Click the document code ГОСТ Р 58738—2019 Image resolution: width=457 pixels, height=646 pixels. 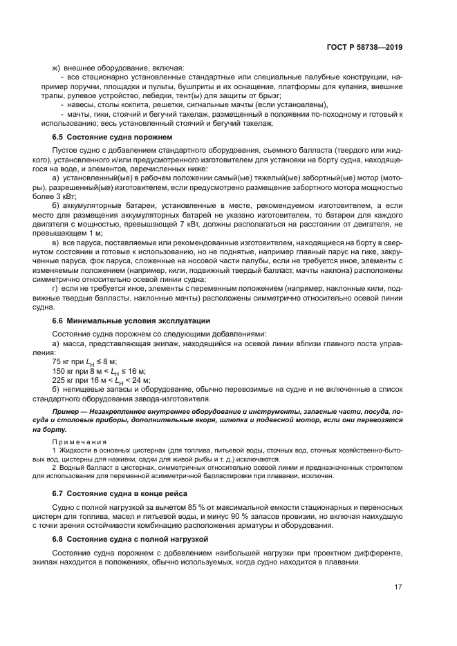point(366,48)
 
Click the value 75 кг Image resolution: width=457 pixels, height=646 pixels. point(62,361)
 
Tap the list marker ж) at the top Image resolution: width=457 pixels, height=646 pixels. point(57,68)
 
